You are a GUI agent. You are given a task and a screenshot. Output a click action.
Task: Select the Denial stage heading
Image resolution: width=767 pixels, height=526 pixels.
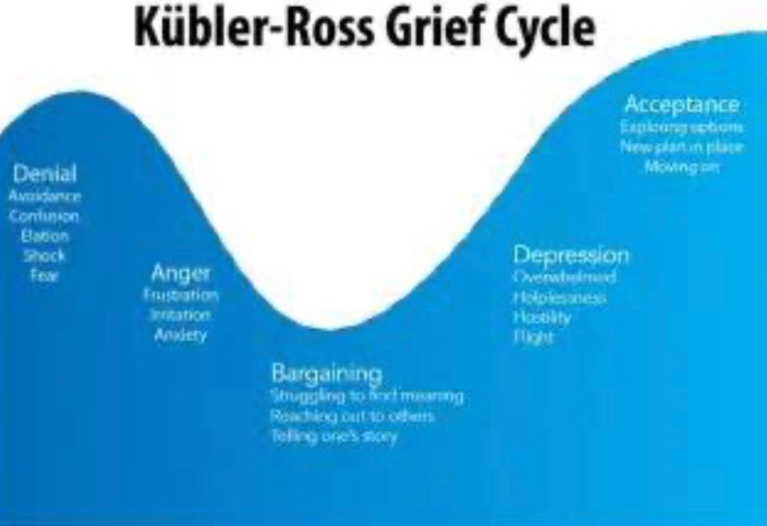coord(45,174)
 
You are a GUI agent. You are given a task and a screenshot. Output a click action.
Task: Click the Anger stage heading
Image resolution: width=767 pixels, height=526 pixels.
coord(181,273)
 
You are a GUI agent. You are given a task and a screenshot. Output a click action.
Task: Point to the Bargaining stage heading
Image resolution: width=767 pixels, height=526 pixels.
coord(327,373)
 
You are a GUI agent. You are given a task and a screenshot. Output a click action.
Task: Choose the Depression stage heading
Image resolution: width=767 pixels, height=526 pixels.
coord(571,255)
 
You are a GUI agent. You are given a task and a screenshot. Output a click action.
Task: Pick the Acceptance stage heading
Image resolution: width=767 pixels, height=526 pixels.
coord(682,104)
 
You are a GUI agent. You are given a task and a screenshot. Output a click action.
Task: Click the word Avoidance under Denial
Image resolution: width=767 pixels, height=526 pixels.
coord(45,196)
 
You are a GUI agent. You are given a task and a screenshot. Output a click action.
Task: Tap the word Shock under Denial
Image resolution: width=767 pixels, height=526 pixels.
coord(45,255)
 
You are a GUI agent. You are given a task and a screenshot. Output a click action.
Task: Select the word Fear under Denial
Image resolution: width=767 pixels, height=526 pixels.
coord(45,275)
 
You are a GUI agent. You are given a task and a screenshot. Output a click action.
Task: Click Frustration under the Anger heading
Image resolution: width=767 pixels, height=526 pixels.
coord(181,295)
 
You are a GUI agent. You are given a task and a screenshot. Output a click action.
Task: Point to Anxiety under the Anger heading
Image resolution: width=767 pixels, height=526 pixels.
coord(181,334)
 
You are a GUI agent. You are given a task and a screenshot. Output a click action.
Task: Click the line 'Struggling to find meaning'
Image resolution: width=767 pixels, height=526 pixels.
coord(367,395)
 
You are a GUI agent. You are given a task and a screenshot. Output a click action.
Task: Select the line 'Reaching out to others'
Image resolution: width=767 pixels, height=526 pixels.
coord(353,415)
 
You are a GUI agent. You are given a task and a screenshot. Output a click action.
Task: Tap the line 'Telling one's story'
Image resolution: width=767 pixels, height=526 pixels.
coord(334,435)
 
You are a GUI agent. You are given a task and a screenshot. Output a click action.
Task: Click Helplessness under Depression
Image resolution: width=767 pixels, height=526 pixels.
coord(560,298)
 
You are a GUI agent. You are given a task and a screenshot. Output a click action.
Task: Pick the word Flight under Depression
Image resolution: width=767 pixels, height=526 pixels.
coord(533,337)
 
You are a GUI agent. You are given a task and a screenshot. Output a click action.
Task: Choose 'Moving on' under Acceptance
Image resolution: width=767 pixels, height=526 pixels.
coord(682,166)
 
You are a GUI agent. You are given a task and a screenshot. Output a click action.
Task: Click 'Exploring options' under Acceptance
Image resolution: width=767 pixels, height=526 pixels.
coord(682,126)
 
